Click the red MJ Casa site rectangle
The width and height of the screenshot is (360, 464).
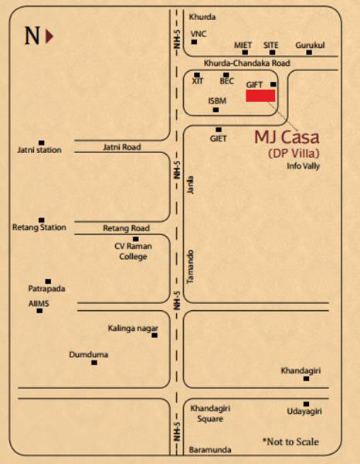point(260,95)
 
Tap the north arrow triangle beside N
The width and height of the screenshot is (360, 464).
point(49,36)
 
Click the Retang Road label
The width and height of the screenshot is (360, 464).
point(126,228)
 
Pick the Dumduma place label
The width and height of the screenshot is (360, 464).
point(88,355)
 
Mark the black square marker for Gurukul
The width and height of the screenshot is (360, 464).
point(309,53)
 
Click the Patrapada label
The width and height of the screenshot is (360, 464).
point(47,288)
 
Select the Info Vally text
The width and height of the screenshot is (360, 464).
point(303,166)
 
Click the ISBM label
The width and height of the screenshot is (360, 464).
point(217,101)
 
